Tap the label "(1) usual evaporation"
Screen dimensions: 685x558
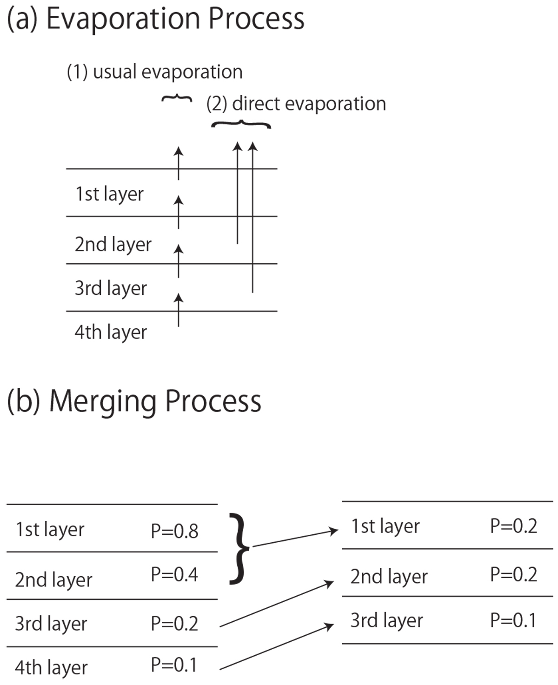tap(154, 72)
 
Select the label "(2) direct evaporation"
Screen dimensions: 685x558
tap(296, 104)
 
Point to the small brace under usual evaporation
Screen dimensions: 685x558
tap(177, 99)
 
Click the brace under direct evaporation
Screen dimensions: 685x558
tap(241, 124)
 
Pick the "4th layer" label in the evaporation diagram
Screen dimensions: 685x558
tap(111, 332)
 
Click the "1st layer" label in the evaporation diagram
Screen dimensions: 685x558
tap(109, 194)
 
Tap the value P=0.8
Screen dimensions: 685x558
tap(174, 531)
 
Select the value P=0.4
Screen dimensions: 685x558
tap(174, 575)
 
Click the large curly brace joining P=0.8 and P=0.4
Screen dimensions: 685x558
tap(239, 548)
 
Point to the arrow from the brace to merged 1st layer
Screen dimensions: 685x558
tap(294, 538)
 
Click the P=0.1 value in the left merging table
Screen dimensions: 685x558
tap(174, 665)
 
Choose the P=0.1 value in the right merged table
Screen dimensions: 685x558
tap(513, 620)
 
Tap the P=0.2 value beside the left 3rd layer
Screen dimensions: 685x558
tap(174, 623)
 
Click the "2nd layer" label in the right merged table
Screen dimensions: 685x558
tap(389, 577)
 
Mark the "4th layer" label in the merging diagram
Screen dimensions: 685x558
tap(51, 668)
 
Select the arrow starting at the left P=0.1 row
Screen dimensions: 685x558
tap(277, 647)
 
